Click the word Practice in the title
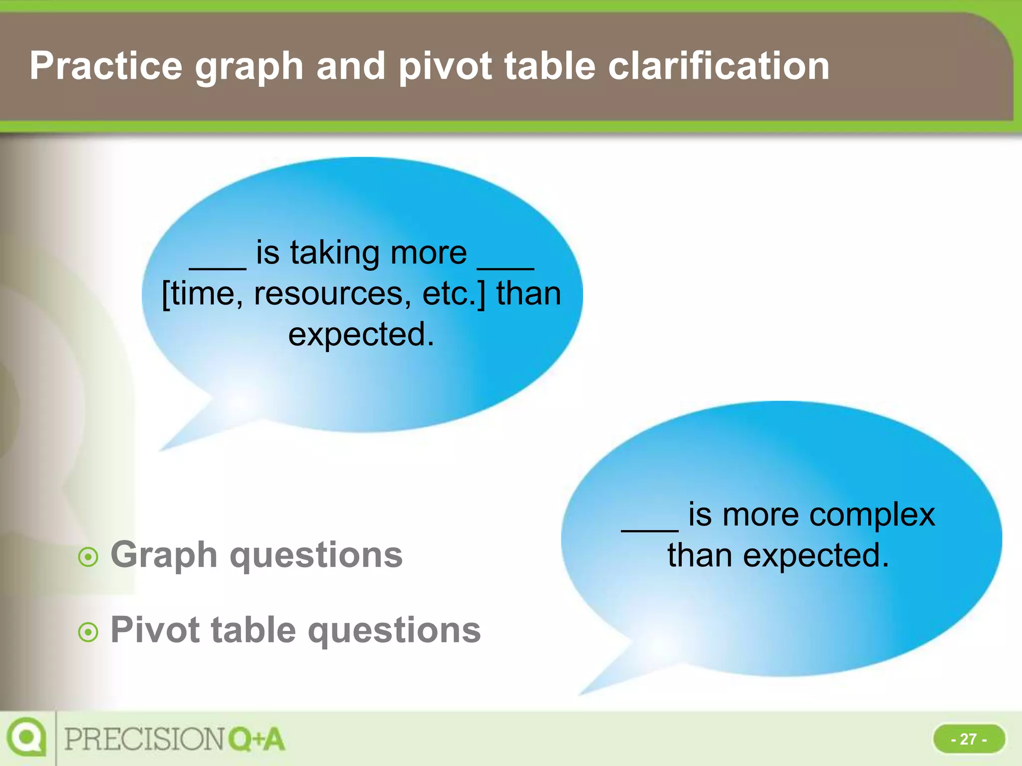[106, 66]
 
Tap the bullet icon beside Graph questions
[88, 557]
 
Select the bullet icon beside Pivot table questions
[88, 632]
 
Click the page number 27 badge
[969, 739]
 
